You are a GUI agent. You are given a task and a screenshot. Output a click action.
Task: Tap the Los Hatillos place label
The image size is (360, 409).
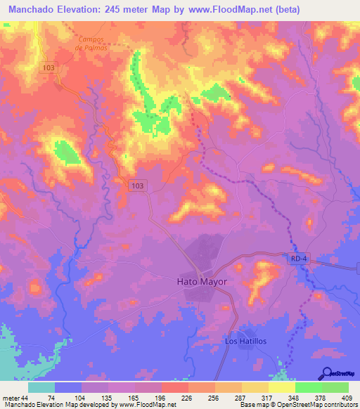click(x=245, y=341)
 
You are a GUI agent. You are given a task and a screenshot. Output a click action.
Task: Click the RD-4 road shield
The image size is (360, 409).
click(x=299, y=259)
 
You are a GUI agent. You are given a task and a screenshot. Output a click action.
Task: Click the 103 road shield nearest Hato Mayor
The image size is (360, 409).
click(x=138, y=185)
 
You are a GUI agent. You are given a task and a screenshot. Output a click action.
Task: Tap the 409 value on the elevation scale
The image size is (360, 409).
click(x=347, y=397)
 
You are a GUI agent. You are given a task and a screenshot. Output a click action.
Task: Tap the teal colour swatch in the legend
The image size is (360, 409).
click(x=41, y=387)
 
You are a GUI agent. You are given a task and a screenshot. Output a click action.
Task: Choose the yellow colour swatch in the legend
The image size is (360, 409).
click(x=281, y=387)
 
